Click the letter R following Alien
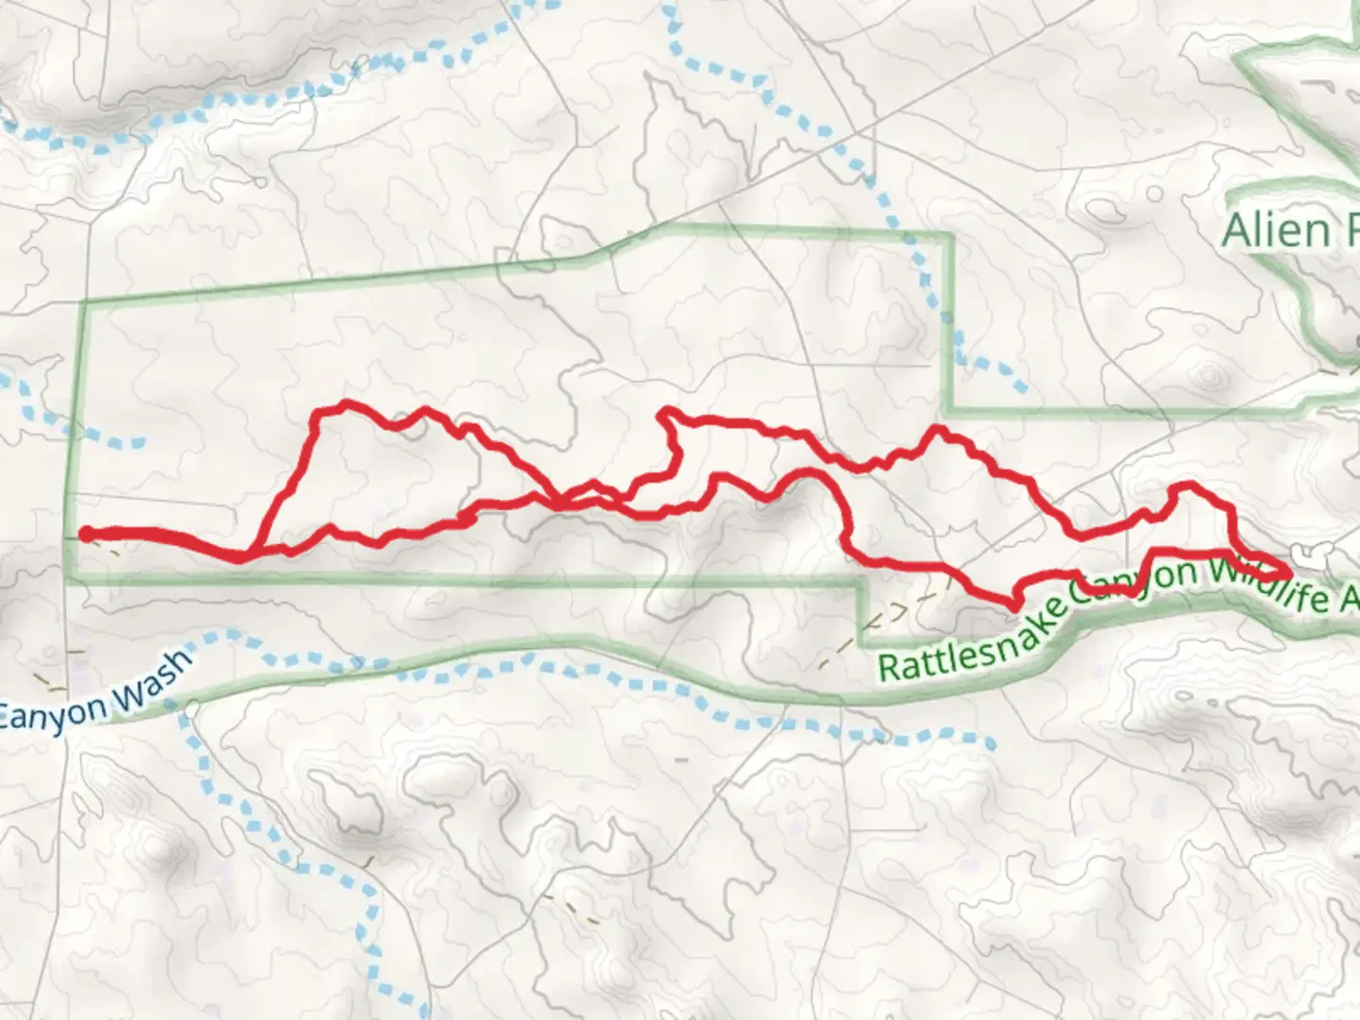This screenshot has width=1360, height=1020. click(x=1346, y=229)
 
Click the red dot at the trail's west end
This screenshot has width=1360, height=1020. click(x=85, y=535)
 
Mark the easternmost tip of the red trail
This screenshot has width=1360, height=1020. click(x=1289, y=572)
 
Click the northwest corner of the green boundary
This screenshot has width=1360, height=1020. click(x=87, y=303)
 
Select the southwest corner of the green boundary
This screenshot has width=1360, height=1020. click(x=69, y=580)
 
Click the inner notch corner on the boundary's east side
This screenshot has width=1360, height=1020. click(x=948, y=410)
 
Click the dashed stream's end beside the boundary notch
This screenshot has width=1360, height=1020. click(x=1025, y=389)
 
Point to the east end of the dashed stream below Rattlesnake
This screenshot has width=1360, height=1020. click(x=992, y=746)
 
